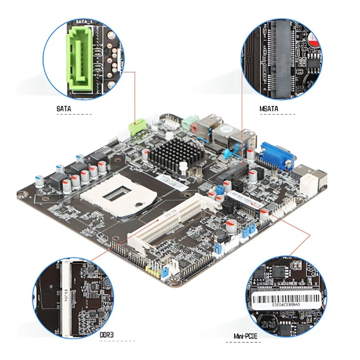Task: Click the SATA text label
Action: point(64,109)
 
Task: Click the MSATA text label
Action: point(269,109)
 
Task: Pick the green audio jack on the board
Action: point(189,122)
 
